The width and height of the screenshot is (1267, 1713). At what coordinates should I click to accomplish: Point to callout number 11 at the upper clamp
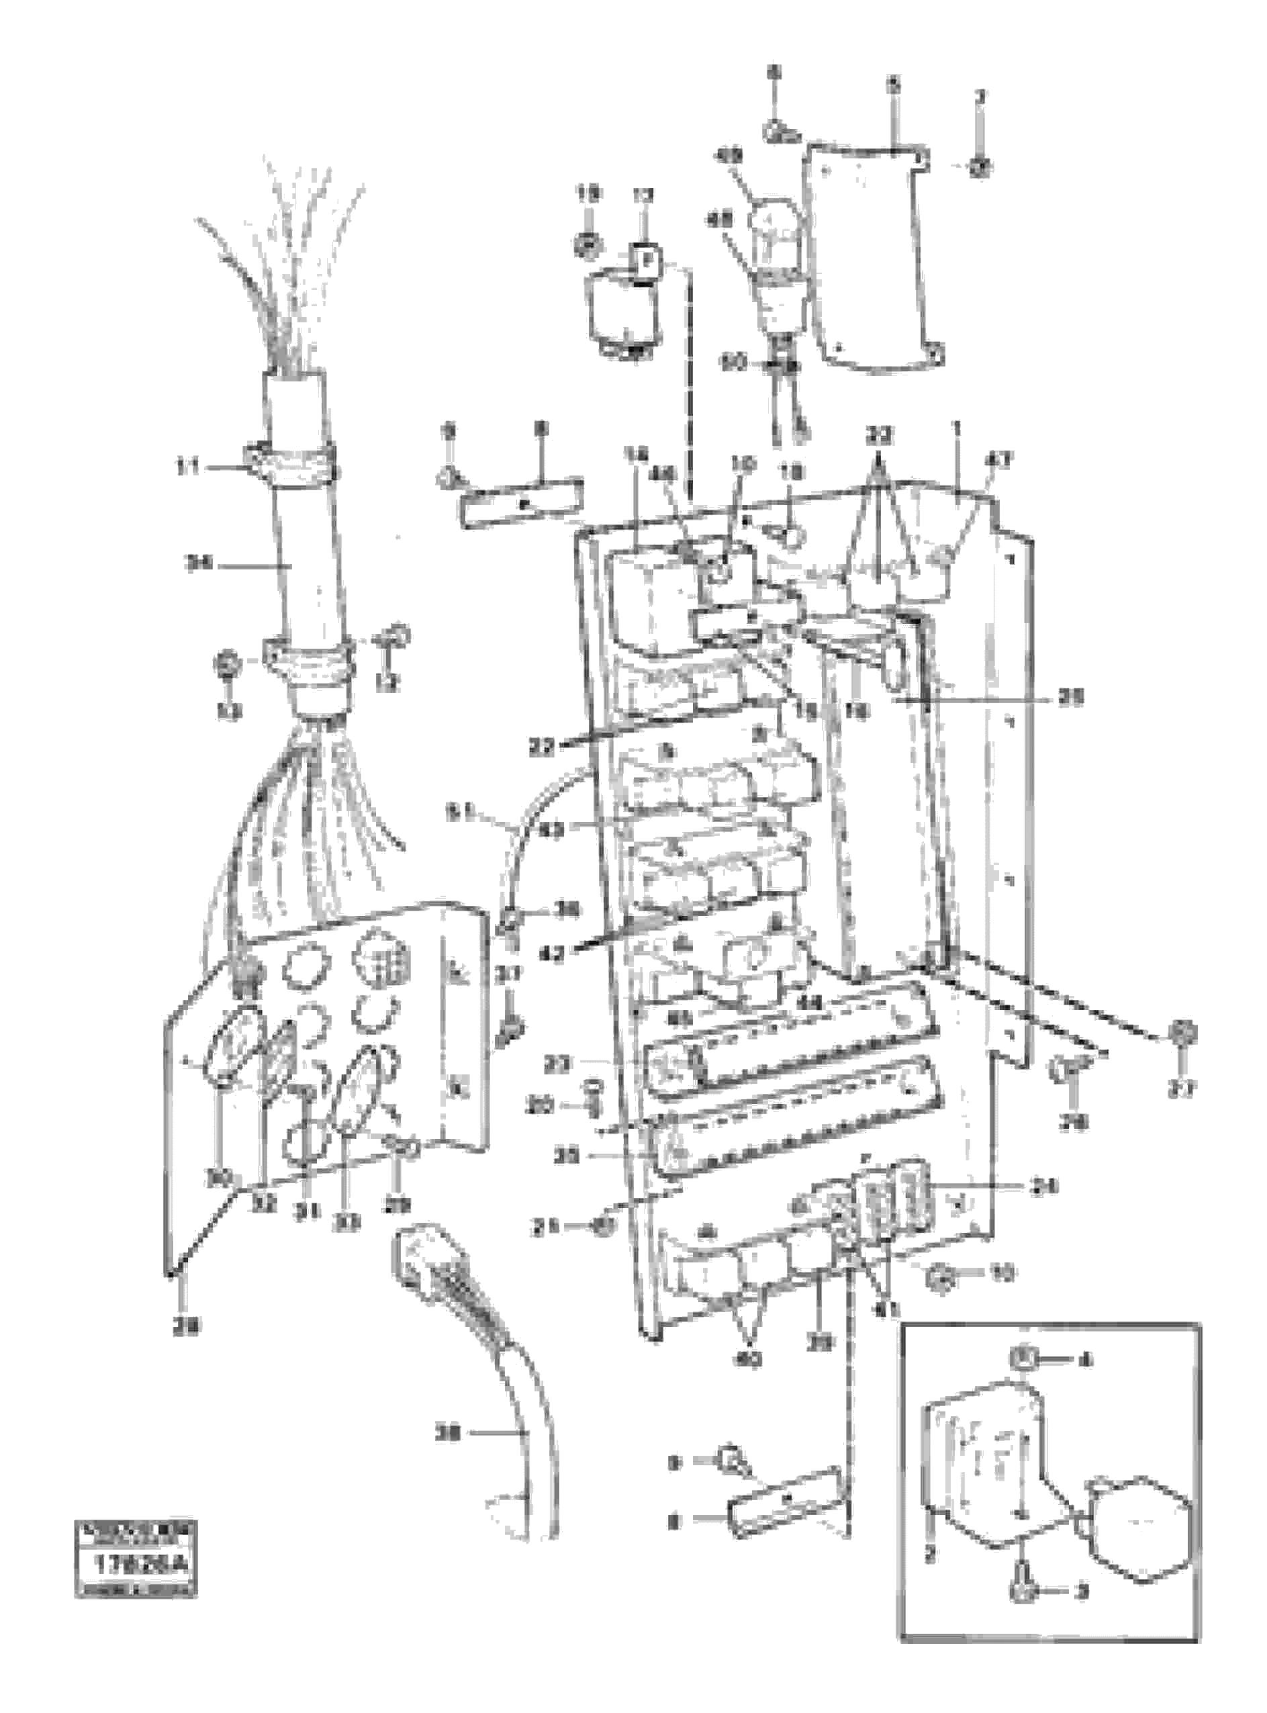point(188,467)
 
